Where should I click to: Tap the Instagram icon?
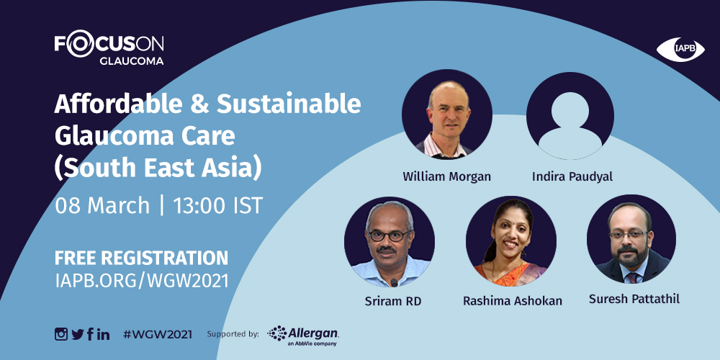[61, 334]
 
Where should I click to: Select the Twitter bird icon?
[78, 334]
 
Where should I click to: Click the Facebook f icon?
[90, 334]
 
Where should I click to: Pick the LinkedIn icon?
[103, 334]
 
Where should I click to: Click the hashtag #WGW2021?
[157, 334]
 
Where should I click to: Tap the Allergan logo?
[303, 336]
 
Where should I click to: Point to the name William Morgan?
[447, 177]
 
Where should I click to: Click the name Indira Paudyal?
[572, 177]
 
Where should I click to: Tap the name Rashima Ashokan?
[513, 301]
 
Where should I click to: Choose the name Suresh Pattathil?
[634, 300]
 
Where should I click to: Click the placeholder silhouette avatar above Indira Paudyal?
[570, 116]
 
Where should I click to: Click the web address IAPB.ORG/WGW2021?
[142, 281]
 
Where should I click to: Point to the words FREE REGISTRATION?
[141, 258]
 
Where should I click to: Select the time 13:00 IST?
[217, 206]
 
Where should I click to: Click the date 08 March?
[102, 206]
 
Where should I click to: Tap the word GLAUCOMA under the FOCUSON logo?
[131, 60]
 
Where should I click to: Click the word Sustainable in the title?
[289, 104]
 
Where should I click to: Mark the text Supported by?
[233, 334]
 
